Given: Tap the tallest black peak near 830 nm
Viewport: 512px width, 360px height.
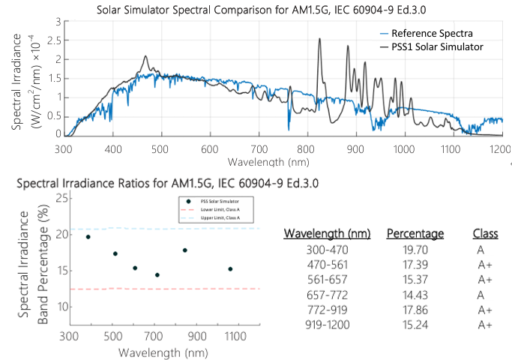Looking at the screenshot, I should click(320, 40).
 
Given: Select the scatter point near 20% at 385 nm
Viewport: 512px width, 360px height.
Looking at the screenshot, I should click(88, 237).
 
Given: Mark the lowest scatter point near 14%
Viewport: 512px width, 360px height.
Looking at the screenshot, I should click(157, 275).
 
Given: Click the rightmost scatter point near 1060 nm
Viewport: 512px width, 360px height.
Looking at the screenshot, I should click(230, 269).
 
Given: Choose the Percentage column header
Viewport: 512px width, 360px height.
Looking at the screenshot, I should click(415, 233).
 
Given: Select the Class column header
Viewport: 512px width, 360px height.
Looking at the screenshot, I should click(485, 233).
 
